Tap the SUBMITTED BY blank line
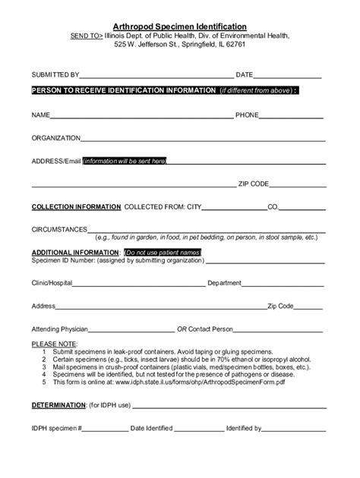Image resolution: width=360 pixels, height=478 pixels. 156,76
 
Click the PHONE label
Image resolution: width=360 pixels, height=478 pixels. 247,115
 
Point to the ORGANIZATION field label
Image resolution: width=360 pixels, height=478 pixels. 55,139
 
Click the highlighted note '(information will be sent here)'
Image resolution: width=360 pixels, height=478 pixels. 124,161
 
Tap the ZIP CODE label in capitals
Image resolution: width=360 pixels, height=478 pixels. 254,184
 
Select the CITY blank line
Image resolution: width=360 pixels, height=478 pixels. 235,206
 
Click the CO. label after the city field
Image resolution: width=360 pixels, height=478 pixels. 273,206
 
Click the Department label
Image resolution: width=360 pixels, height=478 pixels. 225,283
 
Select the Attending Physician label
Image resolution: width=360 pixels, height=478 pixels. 60,329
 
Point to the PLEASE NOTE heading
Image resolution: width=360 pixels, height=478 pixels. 49,344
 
